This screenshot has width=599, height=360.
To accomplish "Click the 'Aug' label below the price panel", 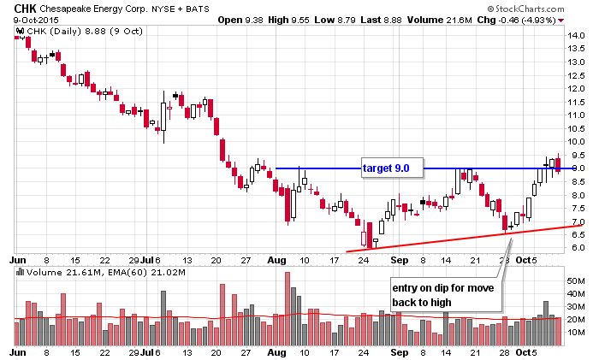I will pos(276,258).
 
